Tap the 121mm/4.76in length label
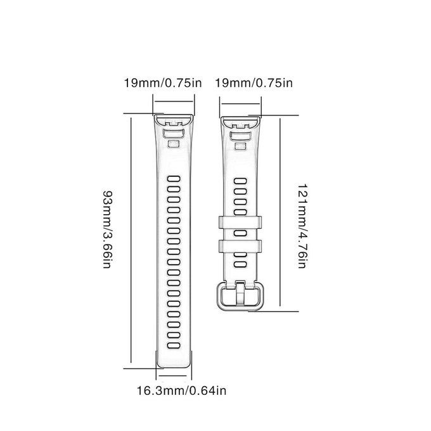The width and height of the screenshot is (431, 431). pos(302,226)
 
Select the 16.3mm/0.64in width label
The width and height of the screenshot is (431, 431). pos(182,390)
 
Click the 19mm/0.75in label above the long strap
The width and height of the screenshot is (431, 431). pos(163,83)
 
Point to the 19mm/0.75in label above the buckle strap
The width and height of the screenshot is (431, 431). pos(254,83)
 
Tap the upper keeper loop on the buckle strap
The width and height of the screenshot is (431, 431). pos(240,222)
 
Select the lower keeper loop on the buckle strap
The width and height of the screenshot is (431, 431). pos(240,246)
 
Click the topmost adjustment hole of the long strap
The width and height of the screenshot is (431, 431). pos(174,179)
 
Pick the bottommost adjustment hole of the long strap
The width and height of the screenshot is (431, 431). pos(174,345)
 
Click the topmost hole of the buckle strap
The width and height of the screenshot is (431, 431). pos(240,181)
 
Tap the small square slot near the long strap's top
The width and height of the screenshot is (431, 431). pos(174,144)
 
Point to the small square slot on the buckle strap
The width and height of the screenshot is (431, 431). pos(240,146)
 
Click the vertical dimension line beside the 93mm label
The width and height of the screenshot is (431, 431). pos(131,240)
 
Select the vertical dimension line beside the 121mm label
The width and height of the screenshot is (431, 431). pos(280,212)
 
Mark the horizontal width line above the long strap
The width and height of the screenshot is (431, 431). pos(174,101)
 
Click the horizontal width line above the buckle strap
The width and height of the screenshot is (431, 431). pos(240,104)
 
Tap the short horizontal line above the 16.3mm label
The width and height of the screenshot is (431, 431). pos(173,375)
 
